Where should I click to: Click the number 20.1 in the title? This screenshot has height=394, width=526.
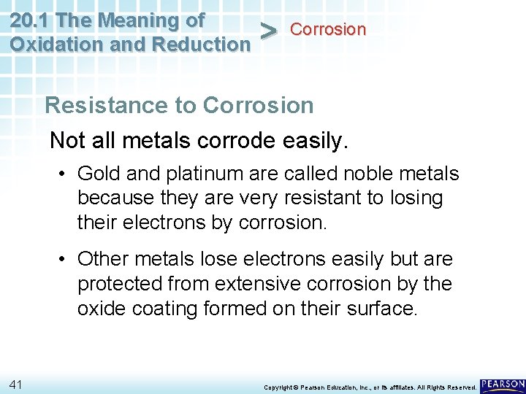tap(30, 20)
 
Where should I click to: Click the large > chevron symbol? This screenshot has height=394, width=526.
tap(269, 31)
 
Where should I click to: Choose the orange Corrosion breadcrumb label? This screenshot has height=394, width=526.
tap(328, 29)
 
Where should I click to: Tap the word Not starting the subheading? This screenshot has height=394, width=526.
tap(66, 139)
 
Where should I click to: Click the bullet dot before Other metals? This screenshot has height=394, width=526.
tap(65, 259)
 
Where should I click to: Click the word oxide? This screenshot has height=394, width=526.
tap(101, 309)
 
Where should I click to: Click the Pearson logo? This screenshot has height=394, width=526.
tap(503, 385)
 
